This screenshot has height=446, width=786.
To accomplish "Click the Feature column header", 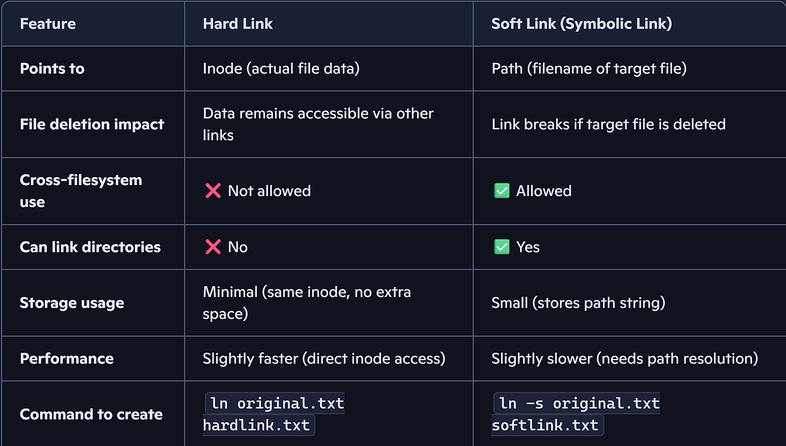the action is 48,24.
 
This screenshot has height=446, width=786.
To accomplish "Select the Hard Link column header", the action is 238,24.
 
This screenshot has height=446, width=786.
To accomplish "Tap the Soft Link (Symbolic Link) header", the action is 582,24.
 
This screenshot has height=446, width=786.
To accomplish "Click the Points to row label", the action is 52,68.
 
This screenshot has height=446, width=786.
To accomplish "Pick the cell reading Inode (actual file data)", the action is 281,68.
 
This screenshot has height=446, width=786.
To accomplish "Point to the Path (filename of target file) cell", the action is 589,68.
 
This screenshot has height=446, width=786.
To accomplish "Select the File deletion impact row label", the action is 92,125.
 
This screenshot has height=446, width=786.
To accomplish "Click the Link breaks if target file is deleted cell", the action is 608,125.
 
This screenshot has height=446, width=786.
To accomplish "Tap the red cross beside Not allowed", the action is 213,191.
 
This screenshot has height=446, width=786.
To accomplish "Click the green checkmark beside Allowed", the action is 502,191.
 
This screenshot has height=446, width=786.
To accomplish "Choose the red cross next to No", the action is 213,247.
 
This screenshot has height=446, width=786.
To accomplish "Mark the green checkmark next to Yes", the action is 502,247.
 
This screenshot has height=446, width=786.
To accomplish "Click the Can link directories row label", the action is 90,247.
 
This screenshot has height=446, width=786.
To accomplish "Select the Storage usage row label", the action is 72,303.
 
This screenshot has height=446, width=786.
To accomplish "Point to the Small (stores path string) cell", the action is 578,303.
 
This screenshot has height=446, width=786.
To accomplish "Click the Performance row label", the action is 67,359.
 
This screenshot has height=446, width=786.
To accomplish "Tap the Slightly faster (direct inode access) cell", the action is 324,359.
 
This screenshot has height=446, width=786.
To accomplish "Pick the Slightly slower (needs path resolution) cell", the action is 625,359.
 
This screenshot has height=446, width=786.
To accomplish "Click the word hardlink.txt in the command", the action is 256,425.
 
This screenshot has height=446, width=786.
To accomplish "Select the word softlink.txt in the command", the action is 544,425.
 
